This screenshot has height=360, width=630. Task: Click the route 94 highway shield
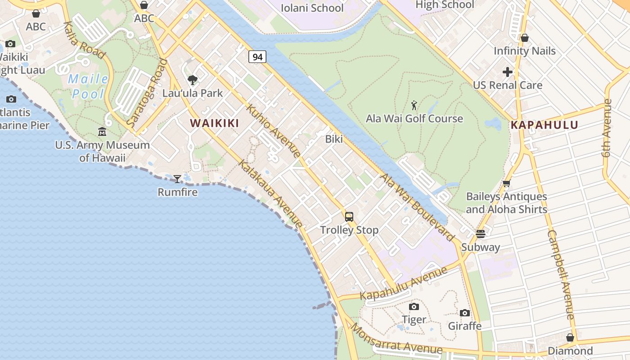click(x=257, y=57)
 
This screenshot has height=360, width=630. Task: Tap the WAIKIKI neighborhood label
click(x=214, y=123)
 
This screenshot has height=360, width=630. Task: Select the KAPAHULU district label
click(x=544, y=125)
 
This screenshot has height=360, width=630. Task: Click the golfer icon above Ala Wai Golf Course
click(x=414, y=106)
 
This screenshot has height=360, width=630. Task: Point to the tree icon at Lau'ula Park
click(x=193, y=81)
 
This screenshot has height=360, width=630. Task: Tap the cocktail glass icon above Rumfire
click(x=177, y=179)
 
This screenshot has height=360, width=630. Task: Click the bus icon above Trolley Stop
click(x=349, y=217)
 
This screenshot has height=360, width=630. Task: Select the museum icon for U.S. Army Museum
click(x=102, y=132)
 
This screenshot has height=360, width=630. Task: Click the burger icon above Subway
click(x=481, y=234)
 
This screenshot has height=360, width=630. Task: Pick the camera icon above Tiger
click(x=414, y=307)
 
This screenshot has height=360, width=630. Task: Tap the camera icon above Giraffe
click(x=465, y=313)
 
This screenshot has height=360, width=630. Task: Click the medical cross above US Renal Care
click(x=508, y=72)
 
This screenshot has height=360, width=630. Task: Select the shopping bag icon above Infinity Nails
click(x=524, y=38)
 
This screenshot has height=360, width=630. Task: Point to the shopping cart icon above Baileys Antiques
click(x=506, y=184)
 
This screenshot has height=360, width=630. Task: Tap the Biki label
click(x=334, y=139)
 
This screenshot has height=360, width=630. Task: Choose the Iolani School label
click(x=312, y=8)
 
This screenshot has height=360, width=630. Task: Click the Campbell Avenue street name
click(x=561, y=274)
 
